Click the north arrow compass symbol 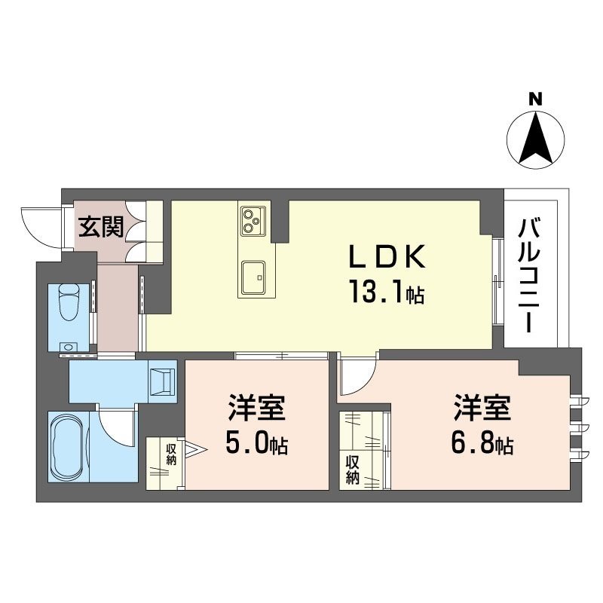(536, 139)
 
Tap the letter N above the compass (535, 98)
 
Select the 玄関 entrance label (103, 226)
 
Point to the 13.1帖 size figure (386, 292)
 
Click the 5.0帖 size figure (256, 445)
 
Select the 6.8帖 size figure (482, 445)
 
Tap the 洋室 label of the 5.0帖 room (256, 411)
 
